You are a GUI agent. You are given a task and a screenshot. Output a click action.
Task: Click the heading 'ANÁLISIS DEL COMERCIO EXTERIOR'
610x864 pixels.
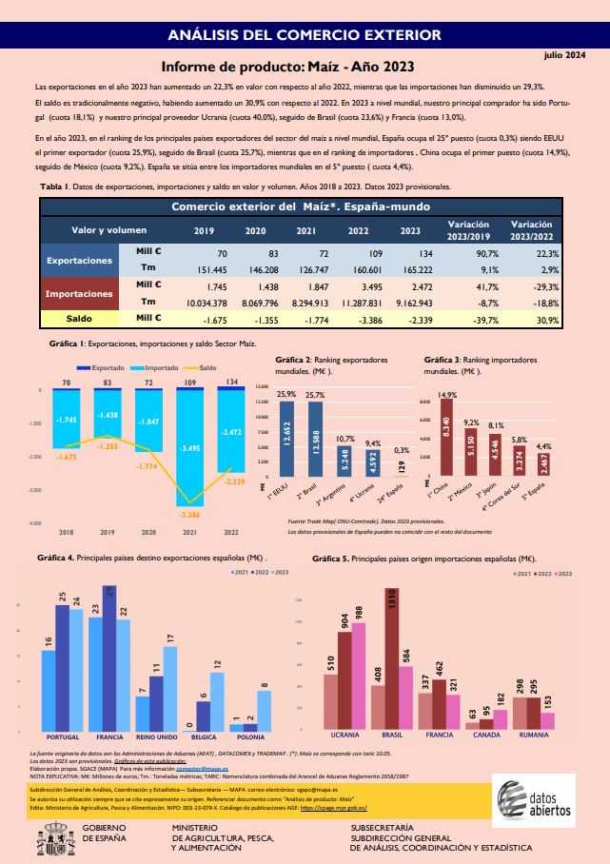(x=304, y=35)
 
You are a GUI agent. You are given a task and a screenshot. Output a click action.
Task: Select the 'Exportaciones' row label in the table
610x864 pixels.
(x=80, y=260)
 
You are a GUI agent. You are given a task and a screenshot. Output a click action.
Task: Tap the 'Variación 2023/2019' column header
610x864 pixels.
(x=467, y=230)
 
